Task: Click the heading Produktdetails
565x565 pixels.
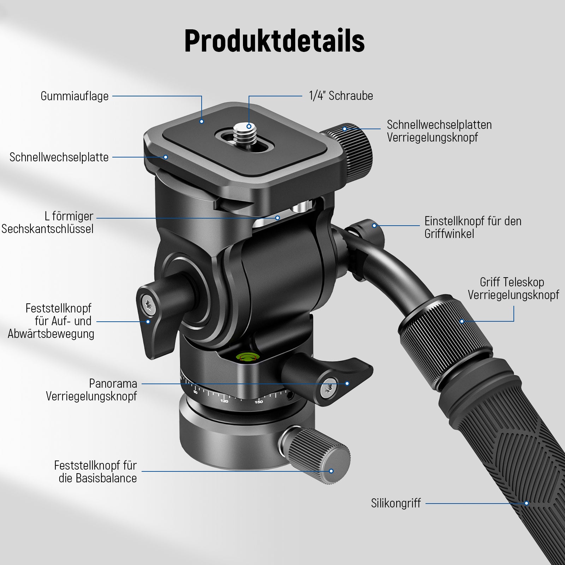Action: tap(274, 41)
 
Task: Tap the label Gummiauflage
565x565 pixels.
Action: tap(75, 96)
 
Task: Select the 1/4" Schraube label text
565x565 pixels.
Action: tap(341, 96)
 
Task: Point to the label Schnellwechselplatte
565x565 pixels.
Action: tap(59, 157)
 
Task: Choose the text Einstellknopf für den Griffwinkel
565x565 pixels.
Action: tap(473, 227)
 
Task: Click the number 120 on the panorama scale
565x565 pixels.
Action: tap(224, 401)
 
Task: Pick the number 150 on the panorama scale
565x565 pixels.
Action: tap(259, 402)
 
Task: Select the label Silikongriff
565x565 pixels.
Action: tap(396, 503)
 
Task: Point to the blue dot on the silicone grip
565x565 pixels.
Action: tap(527, 503)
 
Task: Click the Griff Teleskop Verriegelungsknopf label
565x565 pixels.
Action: tap(513, 289)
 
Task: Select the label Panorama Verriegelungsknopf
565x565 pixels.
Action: tap(91, 390)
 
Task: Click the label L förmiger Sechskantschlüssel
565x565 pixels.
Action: tap(48, 222)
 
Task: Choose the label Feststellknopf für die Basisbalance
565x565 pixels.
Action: tap(95, 472)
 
